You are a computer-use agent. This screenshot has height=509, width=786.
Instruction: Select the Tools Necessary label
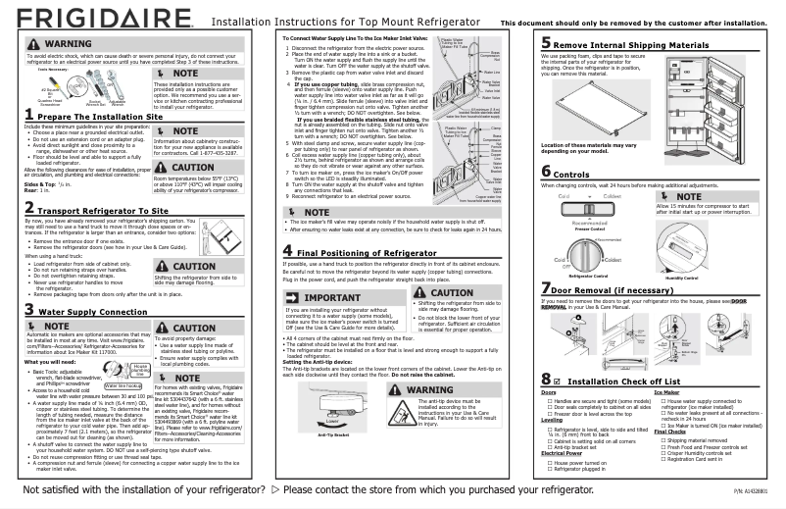click(x=35, y=71)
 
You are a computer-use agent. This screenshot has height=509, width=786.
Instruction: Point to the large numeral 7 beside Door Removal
click(x=545, y=289)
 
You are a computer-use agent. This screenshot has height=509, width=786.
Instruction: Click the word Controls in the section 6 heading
click(x=586, y=173)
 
